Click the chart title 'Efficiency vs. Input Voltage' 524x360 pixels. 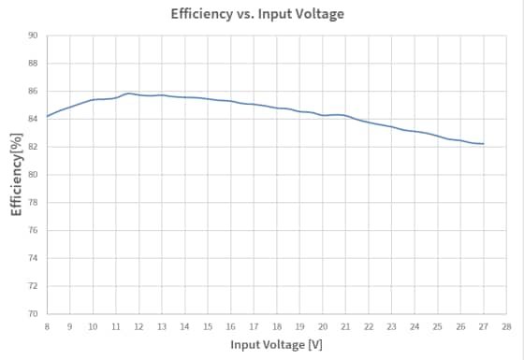click(x=257, y=14)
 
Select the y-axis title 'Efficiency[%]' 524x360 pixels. click(x=17, y=174)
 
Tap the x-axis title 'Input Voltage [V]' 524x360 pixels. click(x=277, y=345)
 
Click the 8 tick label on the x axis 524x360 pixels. click(x=47, y=326)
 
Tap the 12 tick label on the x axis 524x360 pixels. click(x=138, y=326)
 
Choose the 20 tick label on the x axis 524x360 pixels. click(x=323, y=326)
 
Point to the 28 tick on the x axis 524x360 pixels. click(x=506, y=326)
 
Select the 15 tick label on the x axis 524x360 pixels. click(x=208, y=326)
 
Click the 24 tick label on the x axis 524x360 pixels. click(x=415, y=326)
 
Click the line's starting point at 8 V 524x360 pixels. click(x=47, y=117)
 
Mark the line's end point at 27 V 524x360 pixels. click(x=484, y=144)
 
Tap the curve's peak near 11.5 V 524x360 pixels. click(x=128, y=94)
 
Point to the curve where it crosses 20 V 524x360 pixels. click(x=323, y=115)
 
